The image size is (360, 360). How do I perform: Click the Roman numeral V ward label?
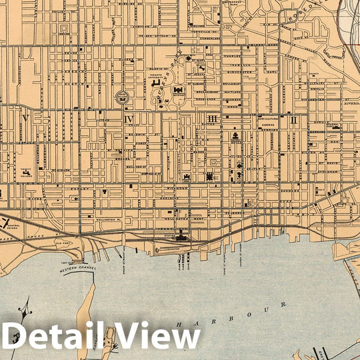(25, 118)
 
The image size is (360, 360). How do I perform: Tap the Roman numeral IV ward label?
(129, 119)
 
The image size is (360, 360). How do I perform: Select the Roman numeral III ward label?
(213, 119)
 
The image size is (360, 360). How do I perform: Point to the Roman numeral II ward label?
(293, 120)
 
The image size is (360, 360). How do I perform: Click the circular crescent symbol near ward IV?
(122, 97)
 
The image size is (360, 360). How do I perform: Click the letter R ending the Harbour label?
(285, 304)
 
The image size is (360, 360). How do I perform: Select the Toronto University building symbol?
(158, 85)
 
